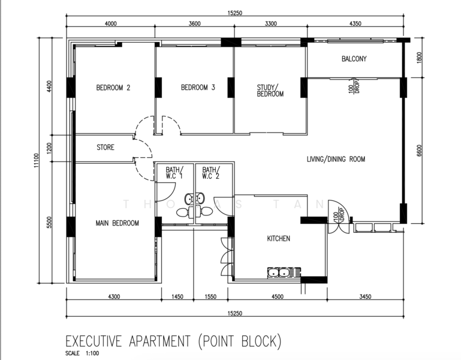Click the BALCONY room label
pyautogui.click(x=354, y=59)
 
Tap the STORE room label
pyautogui.click(x=106, y=147)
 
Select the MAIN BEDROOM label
pyautogui.click(x=117, y=223)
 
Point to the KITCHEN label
pyautogui.click(x=278, y=238)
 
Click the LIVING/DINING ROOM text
pyautogui.click(x=336, y=159)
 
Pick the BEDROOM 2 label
pyautogui.click(x=113, y=88)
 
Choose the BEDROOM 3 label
pyautogui.click(x=198, y=88)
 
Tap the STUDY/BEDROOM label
pyautogui.click(x=270, y=91)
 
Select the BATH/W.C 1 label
pyautogui.click(x=174, y=173)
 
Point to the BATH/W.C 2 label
pyautogui.click(x=211, y=173)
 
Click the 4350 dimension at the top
pyautogui.click(x=355, y=23)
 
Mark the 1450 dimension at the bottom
pyautogui.click(x=177, y=296)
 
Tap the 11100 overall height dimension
pyautogui.click(x=36, y=160)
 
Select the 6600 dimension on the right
pyautogui.click(x=419, y=151)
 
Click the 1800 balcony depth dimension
pyautogui.click(x=419, y=58)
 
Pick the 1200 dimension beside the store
pyautogui.click(x=49, y=148)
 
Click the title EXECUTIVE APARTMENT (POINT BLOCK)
pyautogui.click(x=173, y=341)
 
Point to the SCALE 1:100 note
pyautogui.click(x=82, y=353)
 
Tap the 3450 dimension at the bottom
pyautogui.click(x=365, y=296)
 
